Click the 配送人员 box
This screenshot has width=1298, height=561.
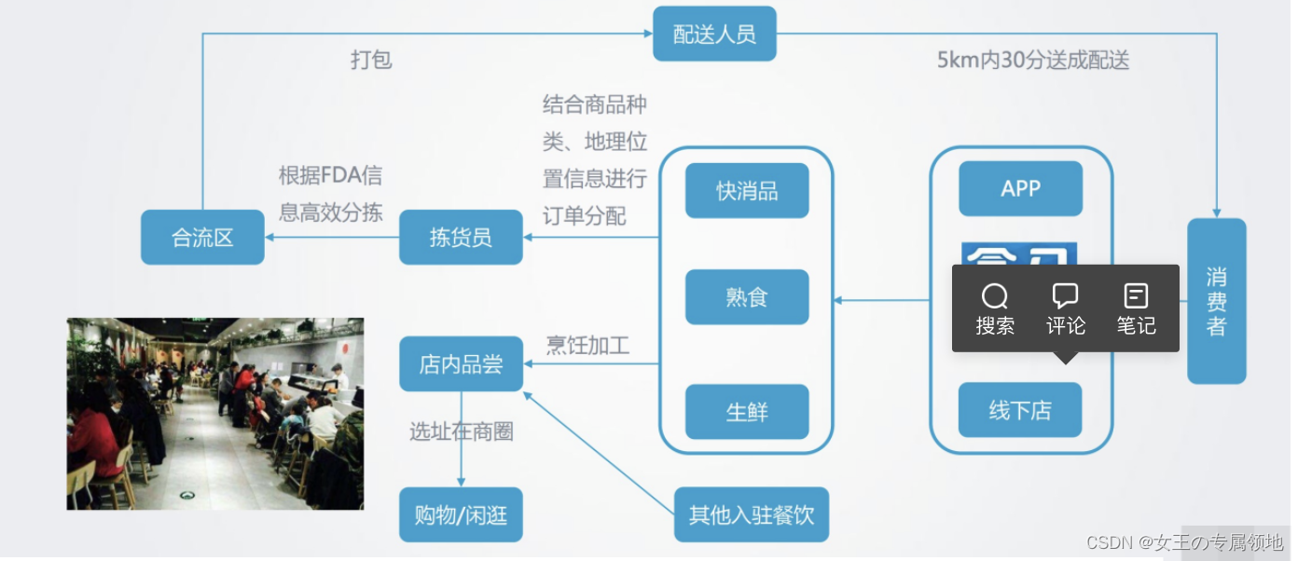pos(714,34)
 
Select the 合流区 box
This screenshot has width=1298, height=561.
pos(202,238)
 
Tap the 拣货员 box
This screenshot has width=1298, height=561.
pos(461,238)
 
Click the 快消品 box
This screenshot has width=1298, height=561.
pos(747,191)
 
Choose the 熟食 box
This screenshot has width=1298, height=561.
pos(747,297)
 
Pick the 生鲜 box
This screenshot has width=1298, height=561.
pos(747,412)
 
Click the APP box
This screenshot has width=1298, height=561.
pos(1020,189)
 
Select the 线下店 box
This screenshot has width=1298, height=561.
pos(1020,410)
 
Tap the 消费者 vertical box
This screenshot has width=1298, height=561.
pos(1216,301)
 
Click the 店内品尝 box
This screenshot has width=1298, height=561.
pos(461,364)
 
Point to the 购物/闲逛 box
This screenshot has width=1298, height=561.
pos(461,514)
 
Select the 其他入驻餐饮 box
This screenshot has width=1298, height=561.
pos(752,514)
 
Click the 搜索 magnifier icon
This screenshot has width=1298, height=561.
pos(995,296)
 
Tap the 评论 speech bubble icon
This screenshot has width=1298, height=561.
pos(1065,296)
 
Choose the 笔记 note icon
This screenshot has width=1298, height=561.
pos(1136,296)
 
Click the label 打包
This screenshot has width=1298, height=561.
pos(371,60)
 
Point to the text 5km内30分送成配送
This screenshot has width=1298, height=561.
pos(1033,61)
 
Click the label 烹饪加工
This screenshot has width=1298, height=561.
pos(587,347)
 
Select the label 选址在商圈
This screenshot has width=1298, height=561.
pos(462,431)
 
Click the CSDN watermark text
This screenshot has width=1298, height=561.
pos(1185,541)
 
